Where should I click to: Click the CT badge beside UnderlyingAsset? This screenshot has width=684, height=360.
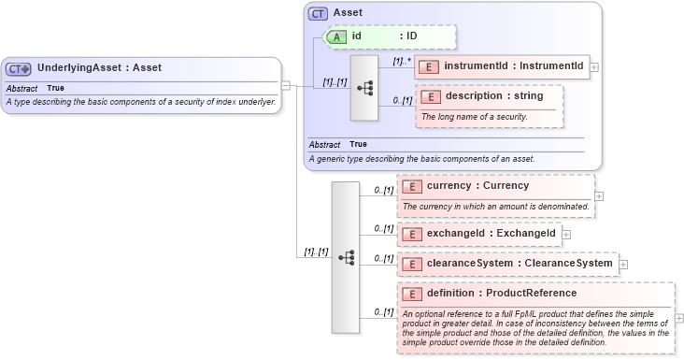click(x=19, y=68)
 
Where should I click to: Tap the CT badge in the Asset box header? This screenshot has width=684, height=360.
click(x=319, y=14)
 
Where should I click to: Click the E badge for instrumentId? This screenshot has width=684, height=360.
click(x=429, y=66)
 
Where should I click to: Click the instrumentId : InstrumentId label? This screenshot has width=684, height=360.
click(x=513, y=66)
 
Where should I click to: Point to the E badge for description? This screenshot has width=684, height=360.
click(x=431, y=96)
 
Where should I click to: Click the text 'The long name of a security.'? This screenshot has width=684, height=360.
click(x=474, y=117)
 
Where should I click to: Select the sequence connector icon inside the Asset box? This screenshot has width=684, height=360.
click(x=364, y=87)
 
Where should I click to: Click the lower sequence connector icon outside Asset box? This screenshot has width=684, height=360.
click(x=346, y=256)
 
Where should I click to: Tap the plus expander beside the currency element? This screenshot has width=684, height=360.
click(x=599, y=196)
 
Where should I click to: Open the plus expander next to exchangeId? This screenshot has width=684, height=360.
click(x=566, y=234)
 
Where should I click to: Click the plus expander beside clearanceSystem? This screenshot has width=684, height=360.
click(x=623, y=265)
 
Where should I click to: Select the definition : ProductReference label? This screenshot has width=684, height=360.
click(x=496, y=294)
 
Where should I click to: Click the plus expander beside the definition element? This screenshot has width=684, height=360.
click(x=678, y=318)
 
